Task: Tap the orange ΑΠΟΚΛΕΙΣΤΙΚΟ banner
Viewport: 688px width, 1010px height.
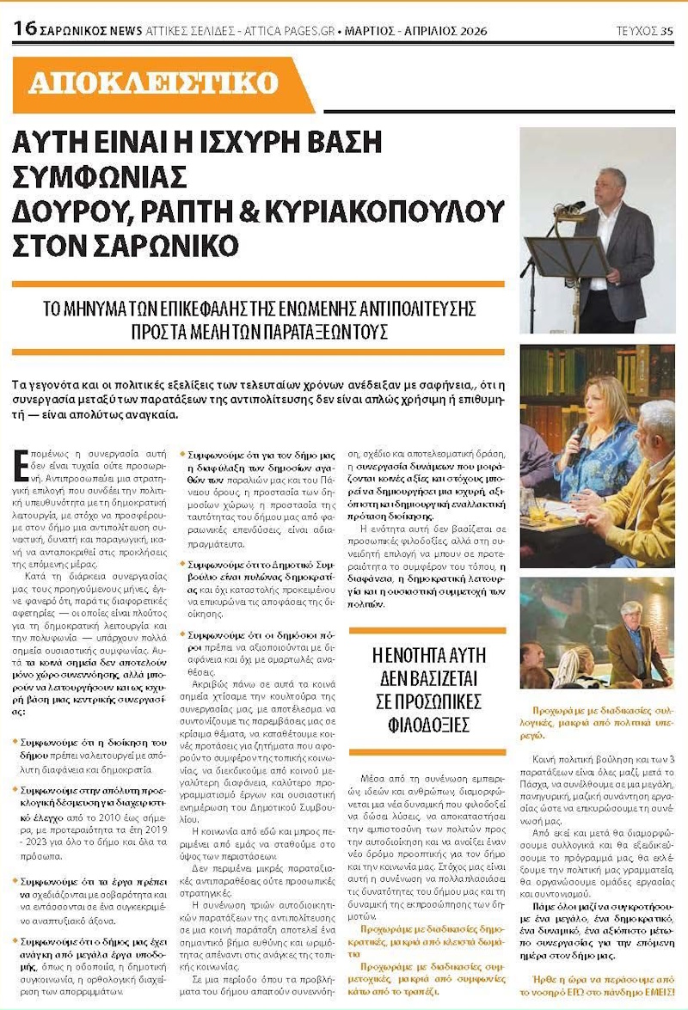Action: (155, 83)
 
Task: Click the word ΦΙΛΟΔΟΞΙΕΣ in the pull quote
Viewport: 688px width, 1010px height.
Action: (427, 725)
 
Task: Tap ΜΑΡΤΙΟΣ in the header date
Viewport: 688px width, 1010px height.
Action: (372, 31)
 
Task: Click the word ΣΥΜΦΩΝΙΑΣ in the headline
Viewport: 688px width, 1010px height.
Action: (99, 176)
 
